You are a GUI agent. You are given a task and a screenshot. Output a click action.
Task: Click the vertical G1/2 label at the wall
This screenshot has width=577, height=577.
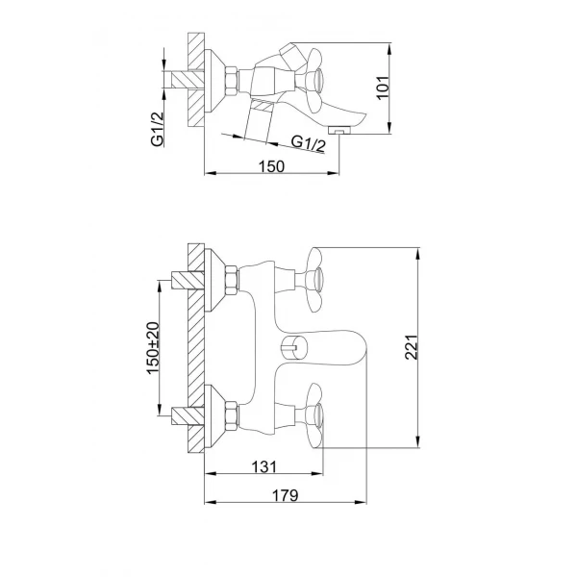(x=156, y=125)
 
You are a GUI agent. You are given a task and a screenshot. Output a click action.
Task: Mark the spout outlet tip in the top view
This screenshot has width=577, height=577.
(x=338, y=127)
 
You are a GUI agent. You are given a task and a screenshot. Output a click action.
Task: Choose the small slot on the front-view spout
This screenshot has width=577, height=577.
(x=289, y=347)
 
